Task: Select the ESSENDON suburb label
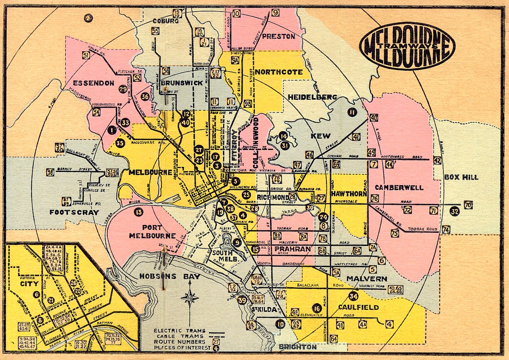[x=94, y=83]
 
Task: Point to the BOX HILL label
[x=461, y=177]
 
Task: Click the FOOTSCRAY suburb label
[x=74, y=213]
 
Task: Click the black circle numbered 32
[x=455, y=211]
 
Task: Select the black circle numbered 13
[x=138, y=212]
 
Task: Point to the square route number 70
[x=468, y=205]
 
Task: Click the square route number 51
[x=86, y=56]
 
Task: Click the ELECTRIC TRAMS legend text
[x=179, y=331]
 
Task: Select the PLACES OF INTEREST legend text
[x=179, y=348]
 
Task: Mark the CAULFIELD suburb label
[x=358, y=307]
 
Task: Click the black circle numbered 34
[x=353, y=296]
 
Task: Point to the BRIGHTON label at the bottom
[x=298, y=347]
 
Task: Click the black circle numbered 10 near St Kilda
[x=281, y=324]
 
